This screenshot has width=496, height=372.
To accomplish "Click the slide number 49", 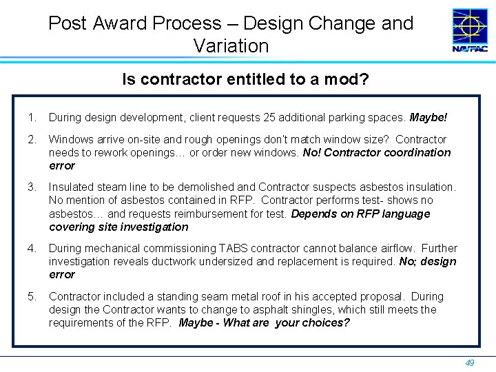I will point(471,362).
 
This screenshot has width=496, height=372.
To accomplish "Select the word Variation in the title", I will point(231,46).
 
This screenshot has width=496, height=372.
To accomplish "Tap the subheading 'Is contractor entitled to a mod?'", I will point(245,80).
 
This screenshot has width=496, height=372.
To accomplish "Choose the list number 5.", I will point(31,297).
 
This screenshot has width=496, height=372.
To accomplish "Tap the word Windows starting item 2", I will point(70,140).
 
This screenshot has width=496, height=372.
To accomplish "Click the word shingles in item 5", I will point(301,310).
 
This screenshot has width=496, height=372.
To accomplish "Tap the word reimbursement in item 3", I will point(207,214).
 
